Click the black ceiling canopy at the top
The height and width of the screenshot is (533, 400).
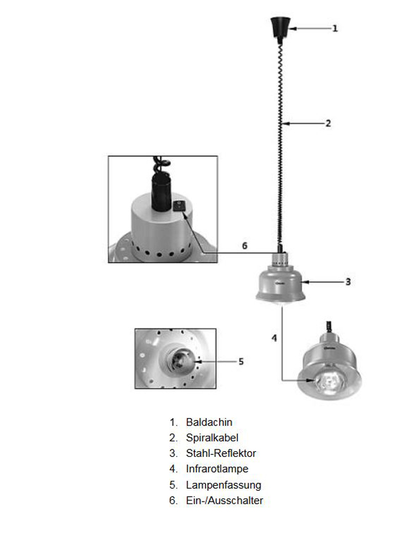point(280,28)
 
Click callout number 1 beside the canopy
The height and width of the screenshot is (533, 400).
point(335,28)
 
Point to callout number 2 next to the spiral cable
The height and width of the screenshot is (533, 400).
point(328,123)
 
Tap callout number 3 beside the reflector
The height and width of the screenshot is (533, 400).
point(348,282)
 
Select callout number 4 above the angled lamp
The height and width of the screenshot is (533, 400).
point(274,338)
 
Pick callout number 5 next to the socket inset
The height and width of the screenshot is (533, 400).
point(241,361)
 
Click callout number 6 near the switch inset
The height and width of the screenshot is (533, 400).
point(244,245)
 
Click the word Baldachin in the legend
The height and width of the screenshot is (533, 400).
point(209,422)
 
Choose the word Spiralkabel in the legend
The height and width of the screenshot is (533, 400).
point(212,438)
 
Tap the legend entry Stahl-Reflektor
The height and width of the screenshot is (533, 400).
point(221,453)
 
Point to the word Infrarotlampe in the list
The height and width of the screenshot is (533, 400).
point(217,468)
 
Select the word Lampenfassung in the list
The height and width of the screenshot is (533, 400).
point(223,485)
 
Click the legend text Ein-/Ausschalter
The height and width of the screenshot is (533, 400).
point(225,500)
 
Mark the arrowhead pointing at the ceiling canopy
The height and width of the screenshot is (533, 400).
point(293,28)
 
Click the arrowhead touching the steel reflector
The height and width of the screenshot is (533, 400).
point(305,282)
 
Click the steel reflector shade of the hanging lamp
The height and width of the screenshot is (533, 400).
point(279,284)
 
